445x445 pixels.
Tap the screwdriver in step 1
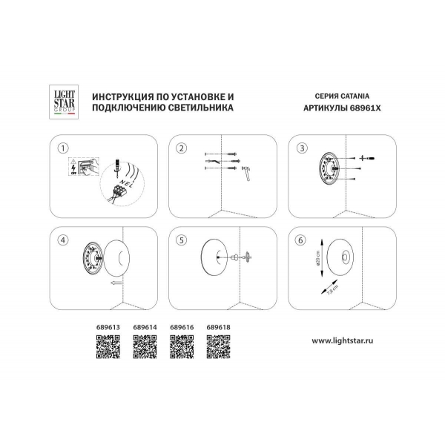pos(118,162)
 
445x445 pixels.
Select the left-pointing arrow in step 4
pos(113,283)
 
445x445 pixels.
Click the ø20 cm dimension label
pos(317,257)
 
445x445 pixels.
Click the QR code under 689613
pos(109,346)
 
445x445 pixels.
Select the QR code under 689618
pos(217,346)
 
